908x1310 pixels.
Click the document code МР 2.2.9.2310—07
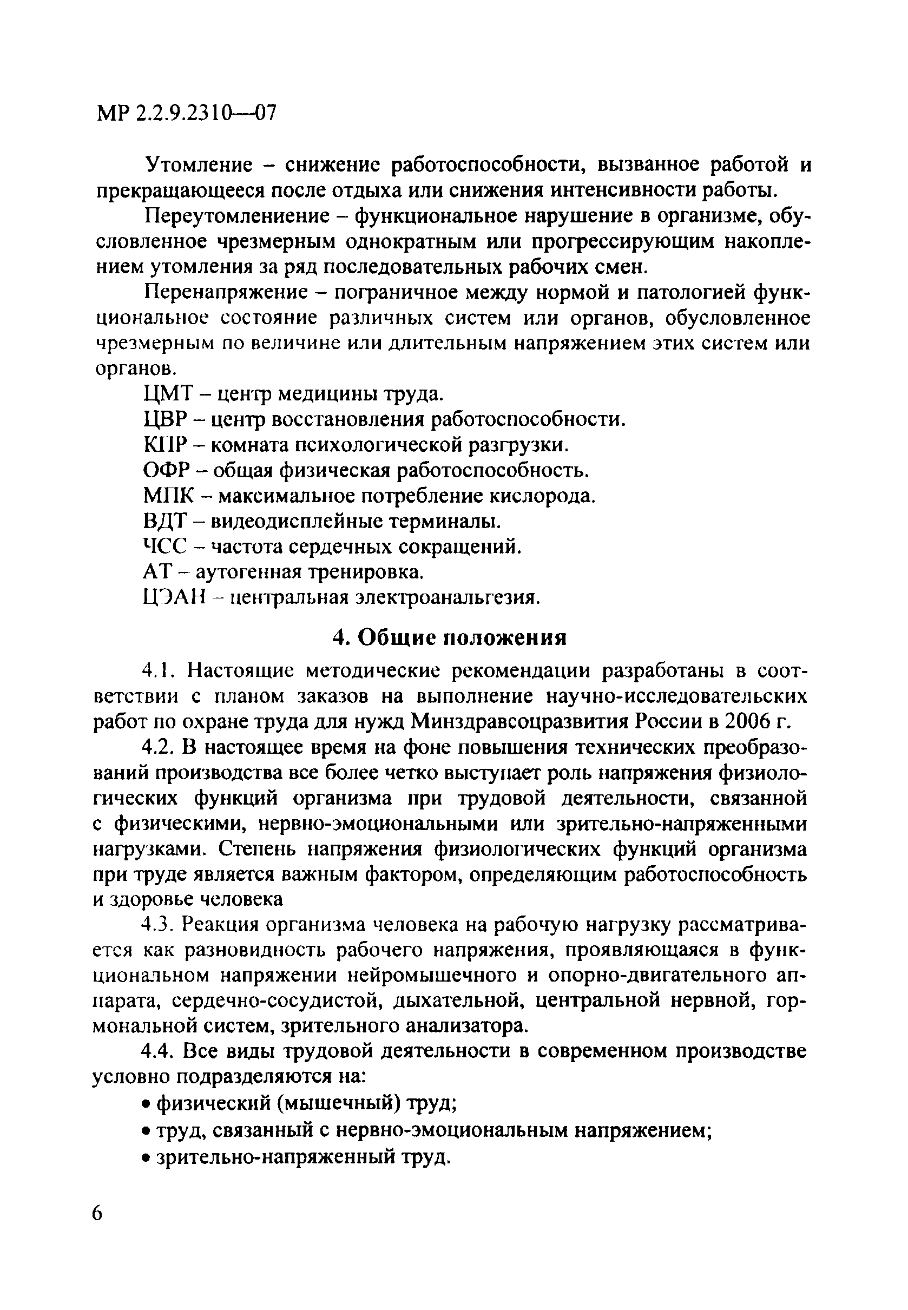[187, 114]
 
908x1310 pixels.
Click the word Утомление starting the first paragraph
[199, 165]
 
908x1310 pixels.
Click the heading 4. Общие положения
[450, 637]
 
